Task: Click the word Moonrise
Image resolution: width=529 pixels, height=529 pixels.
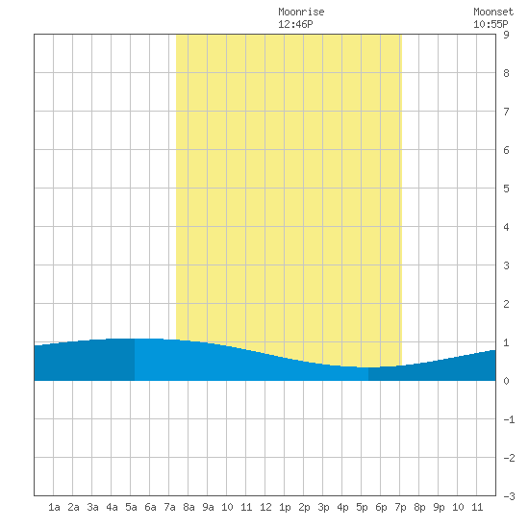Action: (301, 12)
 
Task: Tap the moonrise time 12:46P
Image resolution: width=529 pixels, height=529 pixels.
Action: (295, 24)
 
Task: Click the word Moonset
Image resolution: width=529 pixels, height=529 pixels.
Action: (493, 12)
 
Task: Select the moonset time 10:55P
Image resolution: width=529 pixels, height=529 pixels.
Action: (491, 24)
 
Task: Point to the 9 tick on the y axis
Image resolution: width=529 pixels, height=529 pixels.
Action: (506, 35)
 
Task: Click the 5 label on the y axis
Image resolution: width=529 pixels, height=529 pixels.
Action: (506, 189)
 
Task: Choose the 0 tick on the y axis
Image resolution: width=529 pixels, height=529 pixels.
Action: (506, 381)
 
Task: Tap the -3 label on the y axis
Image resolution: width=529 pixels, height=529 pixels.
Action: (509, 496)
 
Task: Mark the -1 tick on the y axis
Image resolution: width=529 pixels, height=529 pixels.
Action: (509, 419)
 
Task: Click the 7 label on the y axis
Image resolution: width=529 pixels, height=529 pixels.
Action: (506, 112)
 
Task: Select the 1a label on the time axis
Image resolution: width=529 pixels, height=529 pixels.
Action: (54, 507)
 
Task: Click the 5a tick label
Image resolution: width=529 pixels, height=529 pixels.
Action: (131, 507)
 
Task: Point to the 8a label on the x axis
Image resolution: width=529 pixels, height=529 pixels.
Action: (189, 507)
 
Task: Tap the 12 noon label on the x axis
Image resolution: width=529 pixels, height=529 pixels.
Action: (265, 507)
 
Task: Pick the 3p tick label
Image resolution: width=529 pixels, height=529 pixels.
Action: (323, 507)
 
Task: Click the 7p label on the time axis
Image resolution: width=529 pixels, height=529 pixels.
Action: (400, 507)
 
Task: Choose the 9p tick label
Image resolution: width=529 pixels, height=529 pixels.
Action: (439, 507)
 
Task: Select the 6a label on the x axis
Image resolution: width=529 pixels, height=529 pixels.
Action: (150, 507)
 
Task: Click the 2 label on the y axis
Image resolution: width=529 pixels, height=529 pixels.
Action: (506, 304)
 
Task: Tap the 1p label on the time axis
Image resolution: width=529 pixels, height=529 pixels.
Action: (285, 507)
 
